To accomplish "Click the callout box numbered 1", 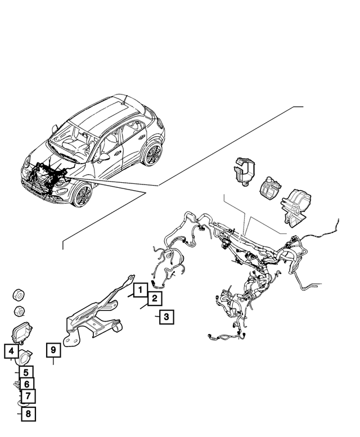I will [137, 291].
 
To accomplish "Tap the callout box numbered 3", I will [165, 317].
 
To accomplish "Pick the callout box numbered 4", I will [11, 352].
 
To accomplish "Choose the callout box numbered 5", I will [25, 372].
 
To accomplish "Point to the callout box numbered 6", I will [26, 385].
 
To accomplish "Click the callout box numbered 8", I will [27, 415].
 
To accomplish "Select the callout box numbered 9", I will [53, 350].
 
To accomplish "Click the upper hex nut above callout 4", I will [19, 295].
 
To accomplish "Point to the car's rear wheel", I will [151, 155].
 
